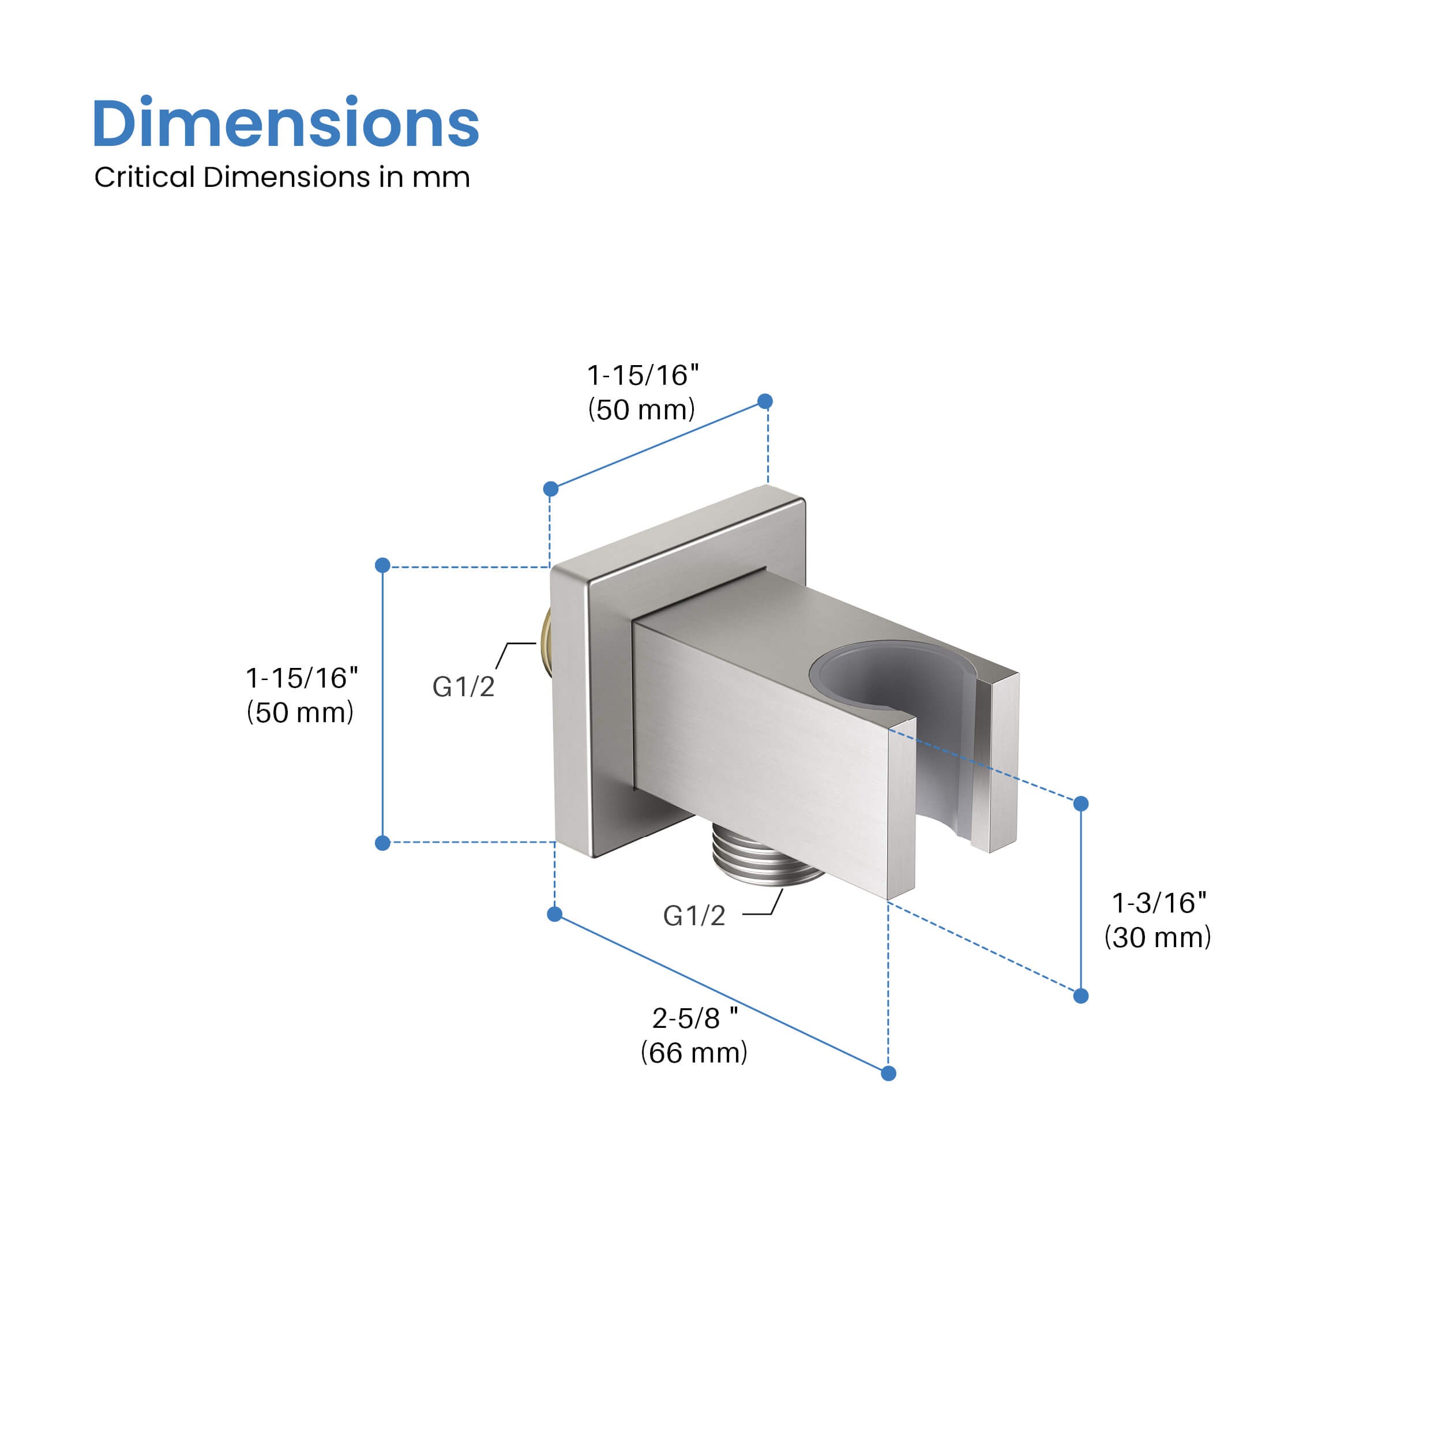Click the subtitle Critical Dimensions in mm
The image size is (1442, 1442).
pos(282,178)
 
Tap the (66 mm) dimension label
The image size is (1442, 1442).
pos(693,1053)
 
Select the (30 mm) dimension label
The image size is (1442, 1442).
pos(1157,937)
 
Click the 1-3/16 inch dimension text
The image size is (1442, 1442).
pos(1158,903)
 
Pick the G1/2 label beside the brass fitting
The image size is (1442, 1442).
pos(463,686)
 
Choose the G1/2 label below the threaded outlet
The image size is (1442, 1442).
pos(693,916)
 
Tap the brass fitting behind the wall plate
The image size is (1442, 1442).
pos(547,641)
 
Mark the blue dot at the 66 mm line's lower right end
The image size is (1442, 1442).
pos(888,1073)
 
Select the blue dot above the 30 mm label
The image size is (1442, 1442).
pos(1081,804)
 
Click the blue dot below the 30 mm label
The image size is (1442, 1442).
pos(1081,996)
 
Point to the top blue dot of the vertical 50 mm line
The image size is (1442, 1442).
pos(383,565)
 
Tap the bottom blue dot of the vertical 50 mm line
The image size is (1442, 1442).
pos(383,843)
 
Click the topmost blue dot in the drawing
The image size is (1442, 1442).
pos(765,401)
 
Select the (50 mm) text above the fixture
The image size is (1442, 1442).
pos(641,410)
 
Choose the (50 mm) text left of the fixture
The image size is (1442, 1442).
pos(300,713)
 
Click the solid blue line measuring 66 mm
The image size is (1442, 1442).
pos(721,993)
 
